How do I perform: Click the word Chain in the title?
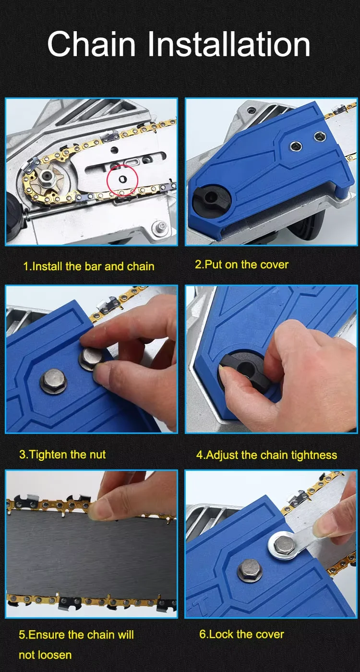click(92, 44)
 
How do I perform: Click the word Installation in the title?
click(229, 44)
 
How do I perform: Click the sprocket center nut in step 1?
click(47, 174)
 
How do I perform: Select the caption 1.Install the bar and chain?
click(89, 266)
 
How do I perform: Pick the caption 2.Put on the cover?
click(241, 264)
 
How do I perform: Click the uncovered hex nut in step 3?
click(53, 381)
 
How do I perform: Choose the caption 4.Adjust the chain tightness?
click(267, 455)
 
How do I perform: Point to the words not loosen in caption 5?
click(45, 655)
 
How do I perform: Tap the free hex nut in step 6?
click(250, 571)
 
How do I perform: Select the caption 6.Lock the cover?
click(242, 634)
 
